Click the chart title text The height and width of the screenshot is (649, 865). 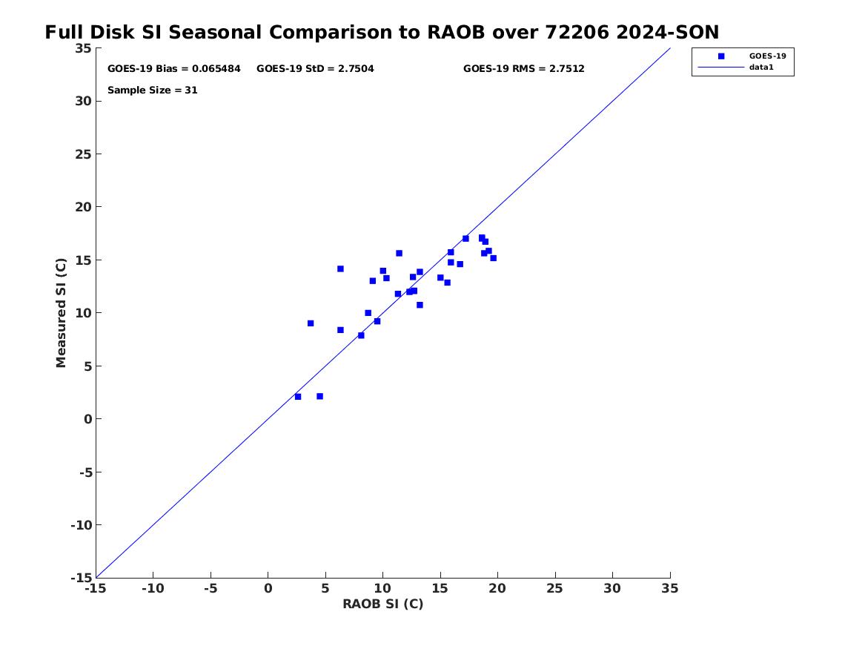[x=382, y=32]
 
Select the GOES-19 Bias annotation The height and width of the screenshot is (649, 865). [x=173, y=69]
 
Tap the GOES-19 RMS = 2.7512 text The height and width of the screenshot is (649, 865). [x=523, y=69]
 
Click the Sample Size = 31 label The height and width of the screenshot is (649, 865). [x=152, y=90]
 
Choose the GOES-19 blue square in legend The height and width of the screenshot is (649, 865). [x=721, y=56]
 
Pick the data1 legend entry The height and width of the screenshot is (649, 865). [x=761, y=67]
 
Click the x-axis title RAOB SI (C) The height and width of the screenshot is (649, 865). [x=383, y=604]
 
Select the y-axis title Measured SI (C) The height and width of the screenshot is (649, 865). [x=61, y=312]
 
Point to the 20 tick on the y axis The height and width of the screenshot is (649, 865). [x=83, y=207]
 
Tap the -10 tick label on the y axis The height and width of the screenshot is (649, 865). [x=81, y=525]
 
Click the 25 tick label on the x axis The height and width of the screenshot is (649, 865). [x=554, y=588]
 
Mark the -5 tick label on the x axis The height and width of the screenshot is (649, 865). [x=211, y=588]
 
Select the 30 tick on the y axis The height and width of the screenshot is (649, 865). [x=83, y=101]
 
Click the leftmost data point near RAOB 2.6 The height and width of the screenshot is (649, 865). [x=298, y=397]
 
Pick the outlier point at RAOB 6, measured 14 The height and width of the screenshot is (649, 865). [x=340, y=269]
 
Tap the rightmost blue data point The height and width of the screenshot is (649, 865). [x=493, y=257]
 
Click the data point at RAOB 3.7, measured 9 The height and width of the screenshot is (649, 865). [x=311, y=323]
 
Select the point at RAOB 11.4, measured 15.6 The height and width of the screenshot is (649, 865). [x=399, y=254]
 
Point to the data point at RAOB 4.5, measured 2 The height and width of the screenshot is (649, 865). [x=320, y=396]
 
